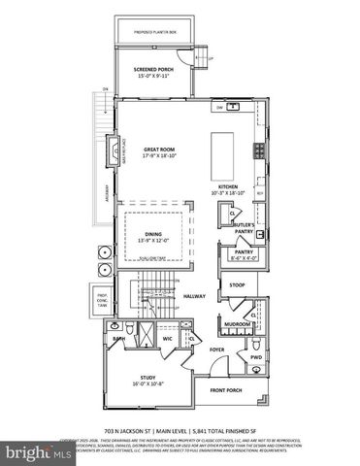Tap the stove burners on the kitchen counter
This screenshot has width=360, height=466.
click(x=258, y=150)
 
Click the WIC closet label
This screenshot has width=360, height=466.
click(x=167, y=340)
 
